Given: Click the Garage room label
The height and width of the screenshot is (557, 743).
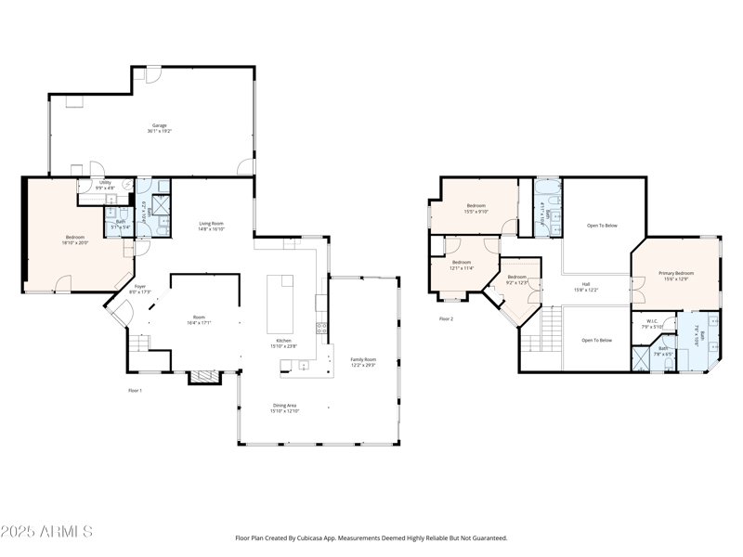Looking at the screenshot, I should pyautogui.click(x=159, y=128).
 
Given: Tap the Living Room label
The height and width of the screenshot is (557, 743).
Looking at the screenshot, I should pyautogui.click(x=212, y=226).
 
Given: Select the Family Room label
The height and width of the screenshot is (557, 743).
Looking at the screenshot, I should pyautogui.click(x=363, y=361).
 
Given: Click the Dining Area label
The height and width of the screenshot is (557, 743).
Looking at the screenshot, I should pyautogui.click(x=285, y=407).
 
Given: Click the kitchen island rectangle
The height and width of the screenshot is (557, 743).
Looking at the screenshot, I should pyautogui.click(x=280, y=304).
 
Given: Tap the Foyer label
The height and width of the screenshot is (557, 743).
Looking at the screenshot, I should pyautogui.click(x=139, y=289).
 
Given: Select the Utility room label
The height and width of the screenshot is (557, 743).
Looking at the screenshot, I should pyautogui.click(x=105, y=185).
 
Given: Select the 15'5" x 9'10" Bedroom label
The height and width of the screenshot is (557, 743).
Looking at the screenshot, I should pyautogui.click(x=476, y=207).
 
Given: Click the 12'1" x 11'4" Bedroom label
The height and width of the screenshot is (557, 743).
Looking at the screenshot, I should pyautogui.click(x=462, y=266).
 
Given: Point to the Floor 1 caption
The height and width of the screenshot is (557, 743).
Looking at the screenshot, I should pyautogui.click(x=136, y=391).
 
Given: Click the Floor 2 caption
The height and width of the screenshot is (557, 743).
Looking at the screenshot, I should pyautogui.click(x=447, y=319).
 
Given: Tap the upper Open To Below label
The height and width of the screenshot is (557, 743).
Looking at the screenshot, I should pyautogui.click(x=601, y=226).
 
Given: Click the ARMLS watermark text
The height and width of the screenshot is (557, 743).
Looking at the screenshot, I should pyautogui.click(x=46, y=532).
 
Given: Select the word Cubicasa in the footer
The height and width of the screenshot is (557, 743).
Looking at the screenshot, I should pyautogui.click(x=327, y=538).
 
